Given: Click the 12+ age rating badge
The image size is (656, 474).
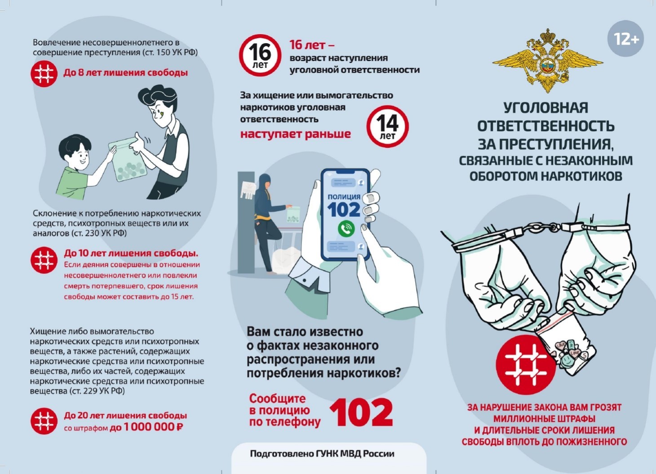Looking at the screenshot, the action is pyautogui.click(x=625, y=38).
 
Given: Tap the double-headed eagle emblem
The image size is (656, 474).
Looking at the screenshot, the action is pyautogui.click(x=548, y=61).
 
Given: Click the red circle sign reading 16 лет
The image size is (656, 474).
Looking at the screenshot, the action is pyautogui.click(x=260, y=55).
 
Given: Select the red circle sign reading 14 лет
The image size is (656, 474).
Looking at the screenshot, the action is pyautogui.click(x=387, y=126).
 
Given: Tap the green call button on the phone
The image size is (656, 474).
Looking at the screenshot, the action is pyautogui.click(x=346, y=228).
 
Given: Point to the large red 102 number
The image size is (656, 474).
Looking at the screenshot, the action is pyautogui.click(x=361, y=412).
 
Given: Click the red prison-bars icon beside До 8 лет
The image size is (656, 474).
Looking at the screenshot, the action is pyautogui.click(x=44, y=74).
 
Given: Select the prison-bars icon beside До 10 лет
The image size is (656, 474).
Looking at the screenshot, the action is pyautogui.click(x=44, y=260).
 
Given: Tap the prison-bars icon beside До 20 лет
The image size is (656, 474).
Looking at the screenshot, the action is pyautogui.click(x=44, y=421).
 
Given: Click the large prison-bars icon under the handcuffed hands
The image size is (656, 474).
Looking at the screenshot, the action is pyautogui.click(x=526, y=365).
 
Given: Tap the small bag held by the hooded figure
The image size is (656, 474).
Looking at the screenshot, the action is pyautogui.click(x=293, y=215).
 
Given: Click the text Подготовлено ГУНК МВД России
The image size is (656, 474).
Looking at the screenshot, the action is pyautogui.click(x=322, y=454).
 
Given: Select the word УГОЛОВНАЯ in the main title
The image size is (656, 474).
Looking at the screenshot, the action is pyautogui.click(x=545, y=107).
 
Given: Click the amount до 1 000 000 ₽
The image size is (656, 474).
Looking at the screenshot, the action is pyautogui.click(x=146, y=427).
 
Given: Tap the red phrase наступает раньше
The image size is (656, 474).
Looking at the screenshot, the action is pyautogui.click(x=296, y=134).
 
